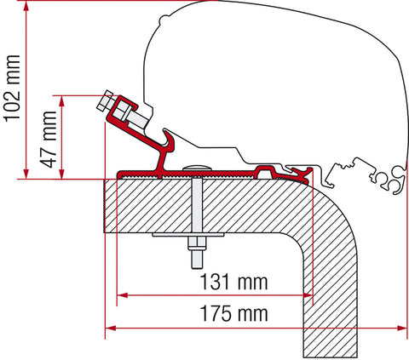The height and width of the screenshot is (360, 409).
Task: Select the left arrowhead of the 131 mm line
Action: coord(119,295)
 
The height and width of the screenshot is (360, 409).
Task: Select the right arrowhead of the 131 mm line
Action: coord(312,295)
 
